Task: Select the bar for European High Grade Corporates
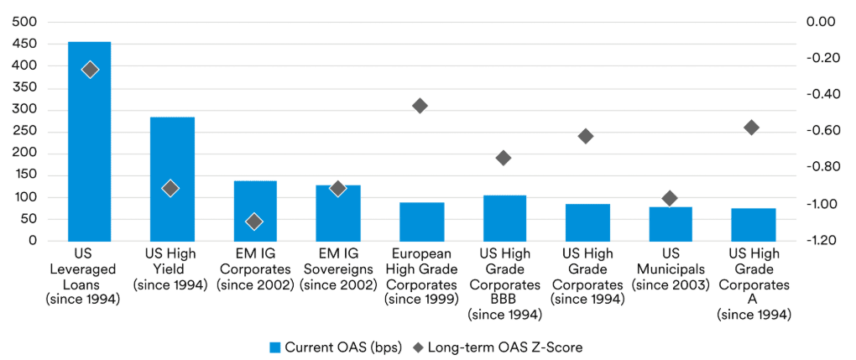[x=421, y=222]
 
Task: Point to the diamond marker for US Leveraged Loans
[x=90, y=70]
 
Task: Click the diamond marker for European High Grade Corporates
[x=420, y=106]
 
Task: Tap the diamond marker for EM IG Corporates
[x=254, y=222]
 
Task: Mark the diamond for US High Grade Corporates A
[x=752, y=128]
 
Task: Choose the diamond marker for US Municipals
[x=670, y=199]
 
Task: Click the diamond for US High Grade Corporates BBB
[x=504, y=158]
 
